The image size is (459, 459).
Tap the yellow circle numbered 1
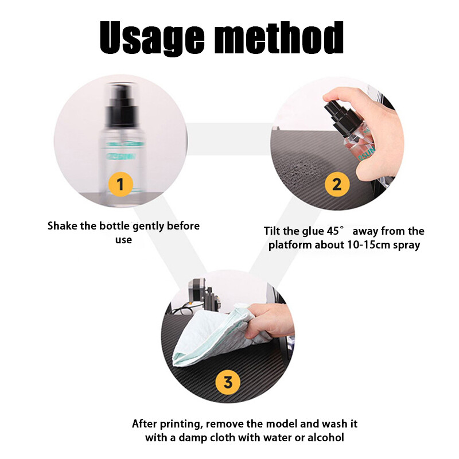(x=120, y=184)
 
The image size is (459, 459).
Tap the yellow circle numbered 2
(x=337, y=184)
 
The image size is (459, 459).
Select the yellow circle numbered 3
(x=228, y=382)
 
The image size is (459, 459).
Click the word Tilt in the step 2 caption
(x=273, y=231)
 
